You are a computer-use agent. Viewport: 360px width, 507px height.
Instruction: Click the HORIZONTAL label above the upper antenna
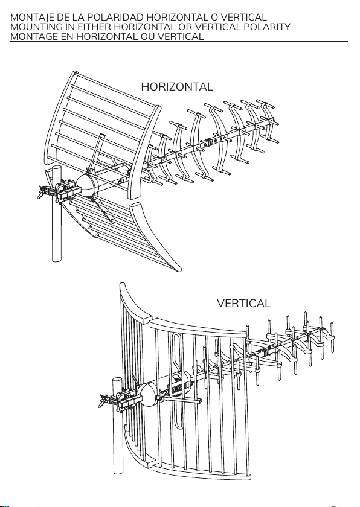[x=177, y=87]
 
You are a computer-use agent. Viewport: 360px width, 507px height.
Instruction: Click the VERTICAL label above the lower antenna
[x=243, y=303]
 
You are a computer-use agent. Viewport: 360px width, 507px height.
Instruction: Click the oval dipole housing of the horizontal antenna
[x=88, y=185]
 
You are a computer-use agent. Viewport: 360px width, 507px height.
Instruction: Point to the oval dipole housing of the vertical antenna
[x=148, y=395]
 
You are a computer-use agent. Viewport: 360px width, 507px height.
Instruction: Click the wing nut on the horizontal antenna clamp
[x=43, y=192]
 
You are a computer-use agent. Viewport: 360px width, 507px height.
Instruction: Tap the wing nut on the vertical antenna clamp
[x=104, y=401]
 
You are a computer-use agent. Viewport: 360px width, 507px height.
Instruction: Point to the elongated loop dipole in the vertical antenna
[x=178, y=381]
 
